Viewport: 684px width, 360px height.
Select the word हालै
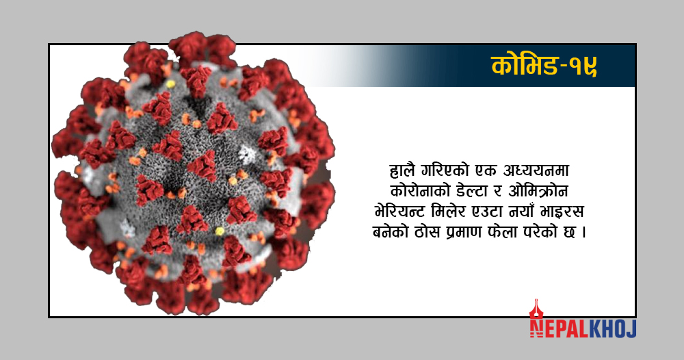403,170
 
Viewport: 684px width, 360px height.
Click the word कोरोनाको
420,191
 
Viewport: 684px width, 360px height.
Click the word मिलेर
449,211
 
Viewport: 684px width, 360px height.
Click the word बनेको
391,232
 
